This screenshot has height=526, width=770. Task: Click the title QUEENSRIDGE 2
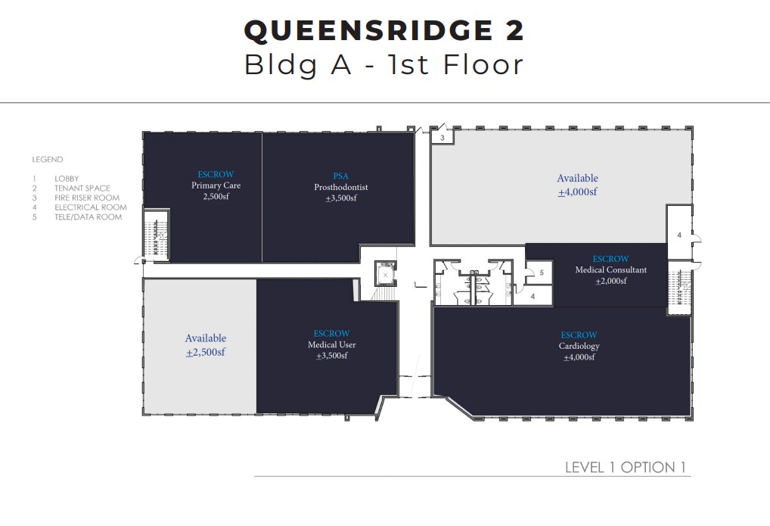pyautogui.click(x=383, y=31)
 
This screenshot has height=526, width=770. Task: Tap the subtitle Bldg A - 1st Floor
pyautogui.click(x=383, y=65)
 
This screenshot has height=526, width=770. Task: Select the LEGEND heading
pyautogui.click(x=47, y=160)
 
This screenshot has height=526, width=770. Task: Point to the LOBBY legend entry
pyautogui.click(x=67, y=179)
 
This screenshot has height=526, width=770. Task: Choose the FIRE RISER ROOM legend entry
pyautogui.click(x=86, y=198)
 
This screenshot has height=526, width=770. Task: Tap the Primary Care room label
pyautogui.click(x=216, y=185)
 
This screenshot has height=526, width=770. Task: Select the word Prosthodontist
pyautogui.click(x=340, y=187)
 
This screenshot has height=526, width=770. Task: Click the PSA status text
pyautogui.click(x=340, y=176)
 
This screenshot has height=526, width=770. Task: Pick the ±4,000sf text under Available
pyautogui.click(x=577, y=192)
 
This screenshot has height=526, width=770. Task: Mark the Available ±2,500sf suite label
pyautogui.click(x=206, y=345)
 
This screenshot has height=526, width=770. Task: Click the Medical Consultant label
pyautogui.click(x=610, y=270)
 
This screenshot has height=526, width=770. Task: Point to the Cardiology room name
pyautogui.click(x=579, y=346)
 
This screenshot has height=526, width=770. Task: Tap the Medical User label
pyautogui.click(x=331, y=345)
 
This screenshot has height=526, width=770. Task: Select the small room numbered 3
pyautogui.click(x=442, y=138)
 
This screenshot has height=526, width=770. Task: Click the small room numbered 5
pyautogui.click(x=541, y=272)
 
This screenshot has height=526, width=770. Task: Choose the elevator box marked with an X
pyautogui.click(x=386, y=275)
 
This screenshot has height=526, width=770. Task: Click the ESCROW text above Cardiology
pyautogui.click(x=579, y=335)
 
